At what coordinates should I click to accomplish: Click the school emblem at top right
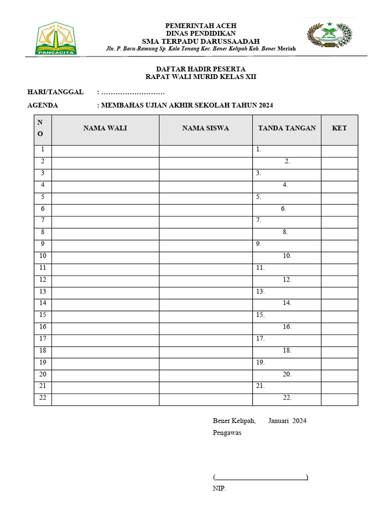coord(329,35)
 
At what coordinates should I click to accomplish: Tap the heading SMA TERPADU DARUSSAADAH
coord(200,41)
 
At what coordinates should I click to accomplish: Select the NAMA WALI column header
coord(105,128)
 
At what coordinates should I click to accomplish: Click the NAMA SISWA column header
coord(205,128)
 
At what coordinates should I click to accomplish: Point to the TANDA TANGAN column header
coord(287,128)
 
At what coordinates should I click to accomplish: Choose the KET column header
coord(339,128)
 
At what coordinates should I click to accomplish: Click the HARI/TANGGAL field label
coord(55,92)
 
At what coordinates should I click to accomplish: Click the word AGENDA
coord(42,105)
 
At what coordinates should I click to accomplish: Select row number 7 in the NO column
coord(43,220)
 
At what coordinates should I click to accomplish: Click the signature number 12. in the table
coord(287,279)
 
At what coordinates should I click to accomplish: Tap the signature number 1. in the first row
coord(258,149)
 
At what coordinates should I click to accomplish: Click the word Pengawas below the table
coord(227,432)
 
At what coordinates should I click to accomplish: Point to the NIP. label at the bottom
coord(219,488)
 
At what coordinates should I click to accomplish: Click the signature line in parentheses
coord(260,477)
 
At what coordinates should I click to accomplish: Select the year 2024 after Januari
coord(299,420)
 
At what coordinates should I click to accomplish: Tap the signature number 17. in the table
coord(260,338)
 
